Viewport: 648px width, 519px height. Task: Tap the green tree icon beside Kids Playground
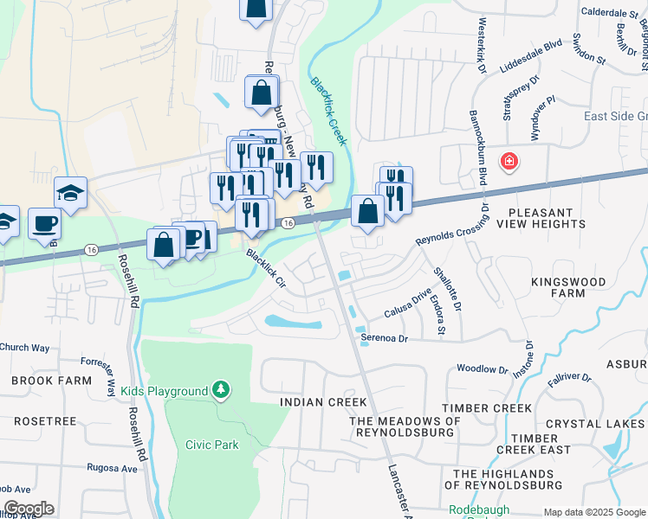223,391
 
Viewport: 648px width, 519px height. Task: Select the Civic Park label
211,445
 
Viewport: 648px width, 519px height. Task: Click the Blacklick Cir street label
265,269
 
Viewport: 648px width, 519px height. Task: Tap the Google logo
28,509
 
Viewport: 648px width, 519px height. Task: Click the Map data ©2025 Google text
593,512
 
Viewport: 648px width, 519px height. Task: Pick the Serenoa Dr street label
385,339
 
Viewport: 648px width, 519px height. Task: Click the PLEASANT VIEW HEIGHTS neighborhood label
553,218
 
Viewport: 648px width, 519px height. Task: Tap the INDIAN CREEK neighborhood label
323,402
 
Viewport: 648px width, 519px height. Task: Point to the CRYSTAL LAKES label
603,424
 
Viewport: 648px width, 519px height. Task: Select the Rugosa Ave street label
112,468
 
